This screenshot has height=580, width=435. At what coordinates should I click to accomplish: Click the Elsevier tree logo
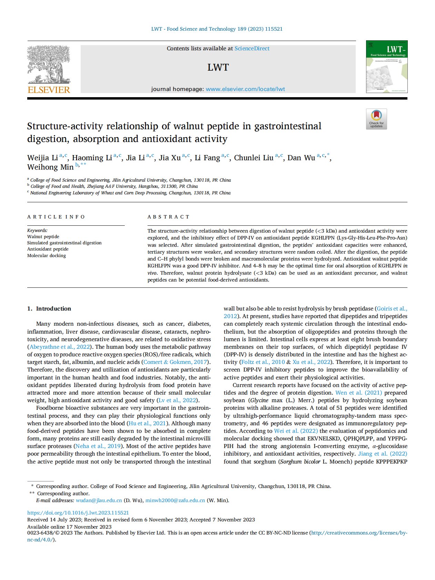(x=49, y=64)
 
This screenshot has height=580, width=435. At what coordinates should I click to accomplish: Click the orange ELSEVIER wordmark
(x=49, y=90)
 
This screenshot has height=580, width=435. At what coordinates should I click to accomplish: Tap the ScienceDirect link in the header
(x=252, y=49)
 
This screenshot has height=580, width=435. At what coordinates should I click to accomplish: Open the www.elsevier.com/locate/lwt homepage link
(x=245, y=89)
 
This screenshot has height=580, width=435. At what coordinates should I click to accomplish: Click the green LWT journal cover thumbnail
(x=386, y=67)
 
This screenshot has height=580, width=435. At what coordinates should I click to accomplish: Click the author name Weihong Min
(x=50, y=167)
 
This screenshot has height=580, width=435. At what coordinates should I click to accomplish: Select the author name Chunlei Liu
(x=254, y=158)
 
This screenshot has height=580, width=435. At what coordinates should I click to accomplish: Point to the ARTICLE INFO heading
(x=56, y=217)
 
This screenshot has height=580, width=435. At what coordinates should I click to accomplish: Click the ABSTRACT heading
(x=169, y=217)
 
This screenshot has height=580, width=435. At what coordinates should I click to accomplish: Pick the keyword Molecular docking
(x=47, y=255)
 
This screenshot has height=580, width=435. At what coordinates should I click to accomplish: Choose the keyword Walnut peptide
(x=43, y=236)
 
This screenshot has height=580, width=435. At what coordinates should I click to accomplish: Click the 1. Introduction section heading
(x=49, y=308)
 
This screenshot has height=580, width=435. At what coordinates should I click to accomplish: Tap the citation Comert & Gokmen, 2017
(x=175, y=362)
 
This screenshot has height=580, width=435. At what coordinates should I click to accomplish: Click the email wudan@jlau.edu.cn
(x=99, y=500)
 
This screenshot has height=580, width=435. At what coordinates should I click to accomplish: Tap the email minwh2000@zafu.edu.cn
(x=175, y=500)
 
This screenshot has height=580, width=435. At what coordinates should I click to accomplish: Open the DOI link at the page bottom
(x=78, y=513)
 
